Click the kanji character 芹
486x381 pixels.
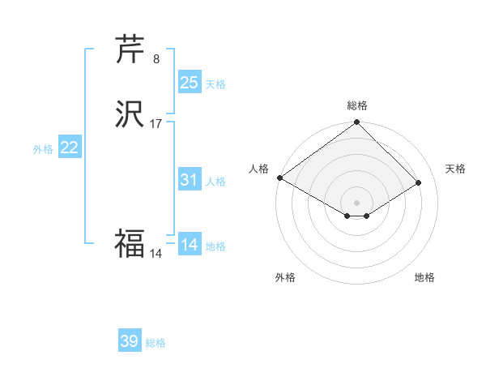[x=130, y=50]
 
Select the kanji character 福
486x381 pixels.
[x=130, y=242]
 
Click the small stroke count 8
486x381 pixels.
[x=156, y=59]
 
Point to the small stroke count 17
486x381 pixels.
[x=156, y=124]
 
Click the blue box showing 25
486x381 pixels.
[x=190, y=83]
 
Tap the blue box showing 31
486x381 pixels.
[x=190, y=180]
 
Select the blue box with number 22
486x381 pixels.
[x=70, y=148]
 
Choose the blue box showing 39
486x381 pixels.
[x=130, y=341]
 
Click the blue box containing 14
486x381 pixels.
[x=190, y=245]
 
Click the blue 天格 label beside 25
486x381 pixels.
[x=215, y=84]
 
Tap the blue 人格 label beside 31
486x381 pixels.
[x=215, y=182]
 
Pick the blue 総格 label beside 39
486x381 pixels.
[x=156, y=343]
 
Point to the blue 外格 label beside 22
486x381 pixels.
[x=43, y=149]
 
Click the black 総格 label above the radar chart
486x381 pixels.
[x=357, y=105]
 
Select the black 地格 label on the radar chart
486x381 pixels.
[x=424, y=277]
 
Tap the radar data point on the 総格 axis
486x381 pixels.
[x=357, y=123]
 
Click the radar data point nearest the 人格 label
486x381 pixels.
[x=279, y=178]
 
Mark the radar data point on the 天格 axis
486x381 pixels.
[x=419, y=182]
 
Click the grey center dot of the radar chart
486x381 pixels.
[x=357, y=203]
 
